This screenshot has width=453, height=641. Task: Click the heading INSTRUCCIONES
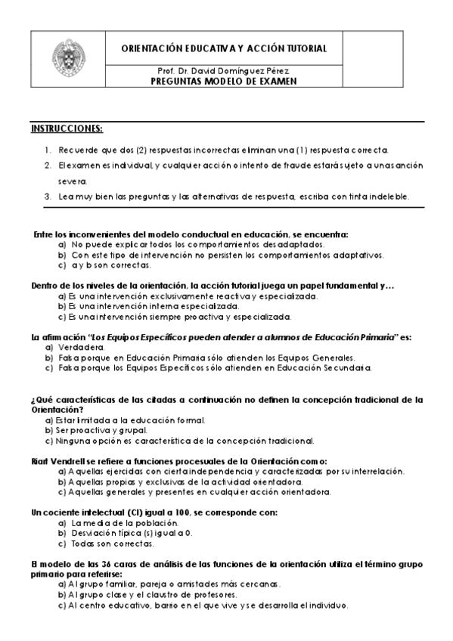67,128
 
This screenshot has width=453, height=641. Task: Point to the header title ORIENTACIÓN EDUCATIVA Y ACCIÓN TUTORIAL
224,48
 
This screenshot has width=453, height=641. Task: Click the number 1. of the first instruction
48,150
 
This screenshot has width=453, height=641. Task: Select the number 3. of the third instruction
48,197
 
